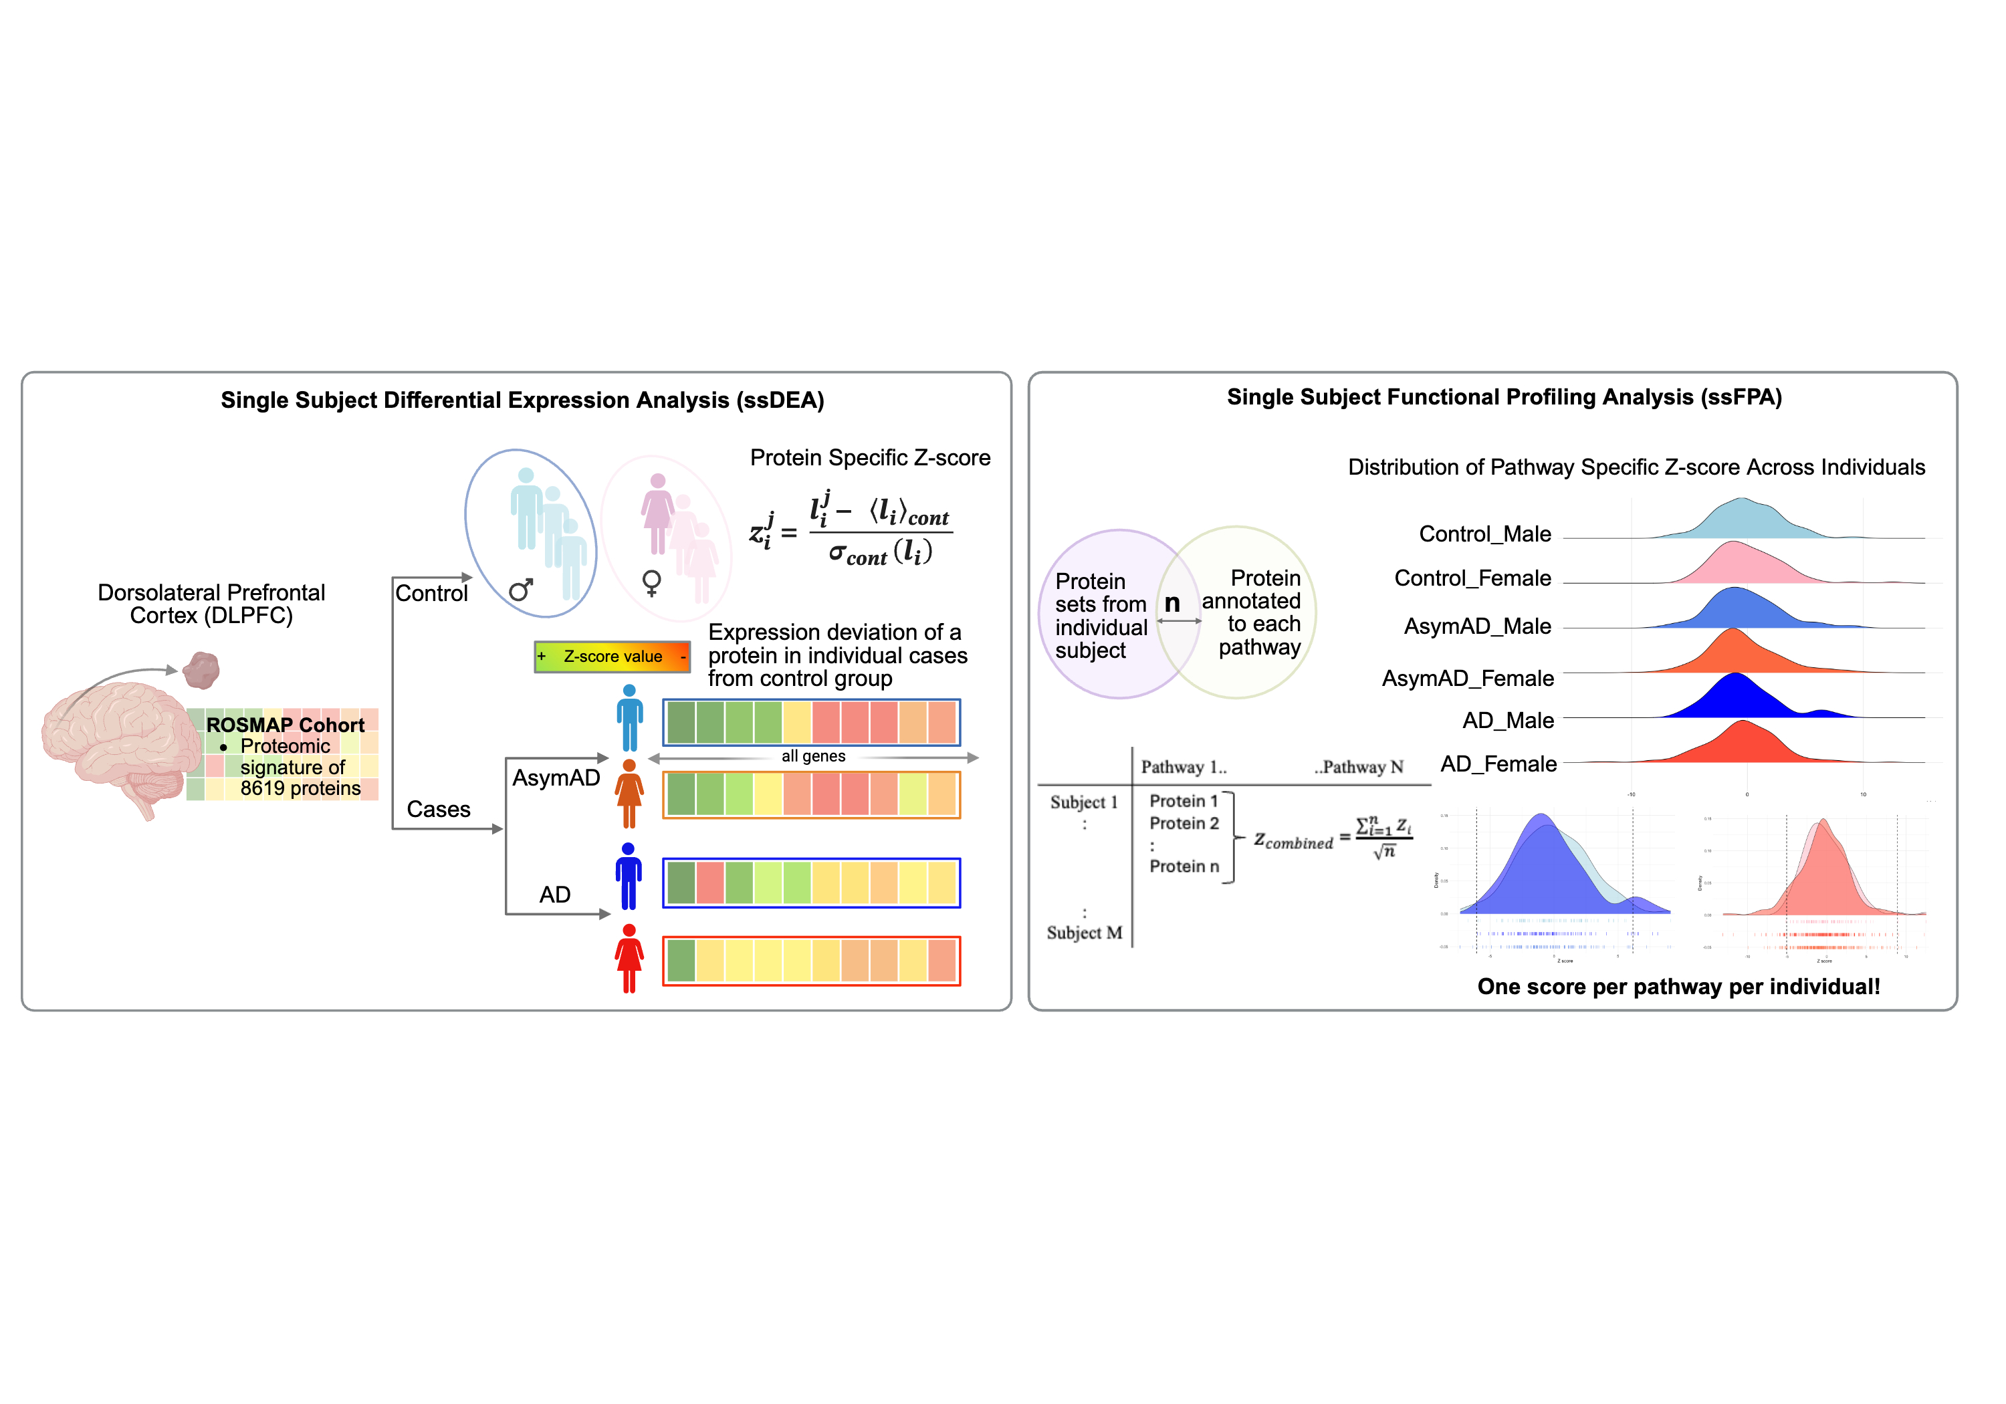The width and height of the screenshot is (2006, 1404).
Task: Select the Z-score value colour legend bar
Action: pyautogui.click(x=612, y=656)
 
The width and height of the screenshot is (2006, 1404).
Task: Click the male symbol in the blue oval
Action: pyautogui.click(x=521, y=590)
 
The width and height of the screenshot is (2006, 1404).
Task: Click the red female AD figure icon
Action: pyautogui.click(x=629, y=959)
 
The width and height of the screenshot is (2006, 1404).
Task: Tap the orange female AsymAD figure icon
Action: pyautogui.click(x=629, y=794)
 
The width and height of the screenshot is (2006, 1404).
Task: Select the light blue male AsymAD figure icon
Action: pyautogui.click(x=629, y=718)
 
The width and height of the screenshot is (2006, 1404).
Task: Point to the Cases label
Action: pyautogui.click(x=439, y=810)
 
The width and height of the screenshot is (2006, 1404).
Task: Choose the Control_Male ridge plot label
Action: pyautogui.click(x=1484, y=534)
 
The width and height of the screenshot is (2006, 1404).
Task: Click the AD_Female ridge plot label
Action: pyautogui.click(x=1498, y=764)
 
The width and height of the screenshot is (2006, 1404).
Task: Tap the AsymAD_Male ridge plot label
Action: pyautogui.click(x=1477, y=626)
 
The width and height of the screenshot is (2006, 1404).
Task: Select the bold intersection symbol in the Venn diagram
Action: pyautogui.click(x=1172, y=603)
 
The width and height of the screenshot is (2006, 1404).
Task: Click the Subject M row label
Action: pyautogui.click(x=1085, y=933)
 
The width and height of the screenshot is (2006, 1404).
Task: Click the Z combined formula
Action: pyautogui.click(x=1333, y=839)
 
